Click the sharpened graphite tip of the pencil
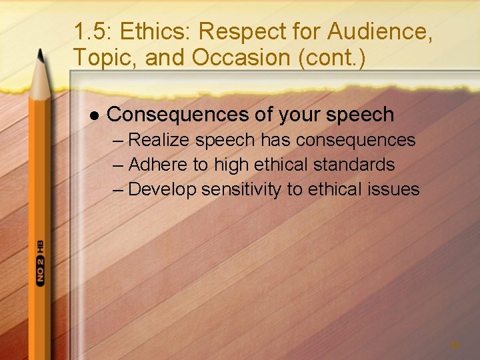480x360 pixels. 41,53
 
